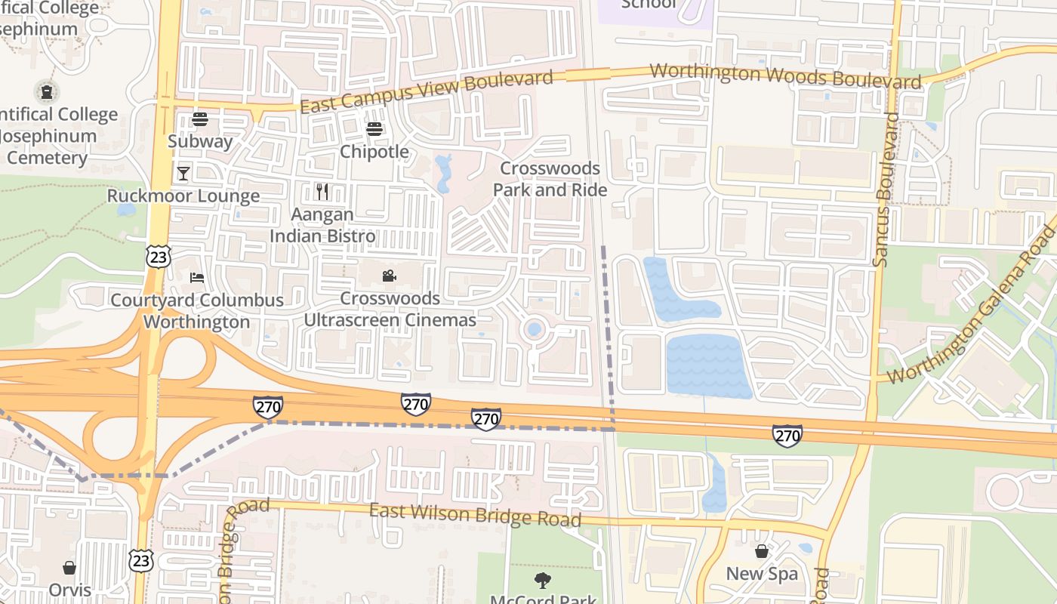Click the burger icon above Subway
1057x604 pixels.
pos(200,119)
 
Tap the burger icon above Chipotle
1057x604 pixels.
pos(374,129)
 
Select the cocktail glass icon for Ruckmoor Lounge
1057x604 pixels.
pos(183,174)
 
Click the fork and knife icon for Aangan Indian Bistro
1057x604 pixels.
pos(322,192)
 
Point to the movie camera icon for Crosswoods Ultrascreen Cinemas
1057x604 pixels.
pos(390,276)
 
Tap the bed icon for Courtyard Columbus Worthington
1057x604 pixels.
pos(197,278)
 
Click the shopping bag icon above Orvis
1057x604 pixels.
pos(69,568)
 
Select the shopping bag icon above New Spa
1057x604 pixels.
pos(762,552)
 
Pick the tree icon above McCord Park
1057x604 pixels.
pos(543,581)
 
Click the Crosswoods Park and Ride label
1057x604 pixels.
pos(550,179)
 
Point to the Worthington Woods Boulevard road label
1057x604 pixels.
pos(785,76)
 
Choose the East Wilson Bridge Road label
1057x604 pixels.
pos(475,515)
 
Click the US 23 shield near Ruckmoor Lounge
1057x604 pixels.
pos(159,257)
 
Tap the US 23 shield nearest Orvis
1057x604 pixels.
pos(141,560)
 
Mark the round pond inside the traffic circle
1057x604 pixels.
pos(535,329)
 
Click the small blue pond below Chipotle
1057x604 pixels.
pos(443,173)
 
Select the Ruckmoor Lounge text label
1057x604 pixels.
pos(183,196)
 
